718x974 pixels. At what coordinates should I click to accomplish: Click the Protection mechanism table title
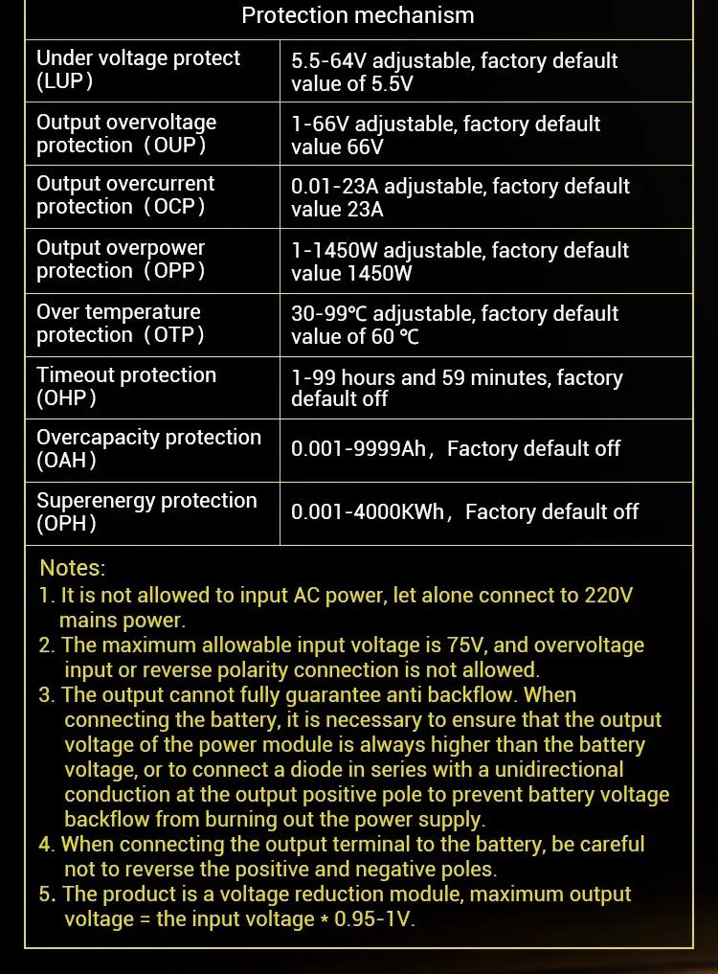tap(358, 15)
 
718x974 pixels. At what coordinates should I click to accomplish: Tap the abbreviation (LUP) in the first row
tap(65, 81)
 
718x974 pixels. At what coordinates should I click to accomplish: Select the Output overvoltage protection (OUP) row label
tap(126, 134)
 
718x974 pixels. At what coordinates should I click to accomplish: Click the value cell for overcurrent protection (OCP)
tap(460, 197)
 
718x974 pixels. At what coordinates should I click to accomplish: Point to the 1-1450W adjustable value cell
tap(460, 261)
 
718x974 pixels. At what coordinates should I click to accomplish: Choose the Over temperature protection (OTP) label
tap(121, 324)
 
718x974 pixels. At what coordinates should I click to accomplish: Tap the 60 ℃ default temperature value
tap(394, 337)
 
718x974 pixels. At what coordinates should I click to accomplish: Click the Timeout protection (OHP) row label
tap(126, 387)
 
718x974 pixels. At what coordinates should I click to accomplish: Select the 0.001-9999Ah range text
tap(358, 449)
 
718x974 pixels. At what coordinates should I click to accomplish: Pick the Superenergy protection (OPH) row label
tap(146, 511)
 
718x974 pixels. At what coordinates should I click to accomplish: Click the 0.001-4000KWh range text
tap(368, 512)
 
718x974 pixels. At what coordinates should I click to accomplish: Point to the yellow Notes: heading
tap(73, 569)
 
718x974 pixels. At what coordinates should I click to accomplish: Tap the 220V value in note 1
tap(608, 595)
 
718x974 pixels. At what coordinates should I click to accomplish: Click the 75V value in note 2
tap(466, 646)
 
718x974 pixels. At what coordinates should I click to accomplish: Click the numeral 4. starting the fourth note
tap(47, 845)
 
